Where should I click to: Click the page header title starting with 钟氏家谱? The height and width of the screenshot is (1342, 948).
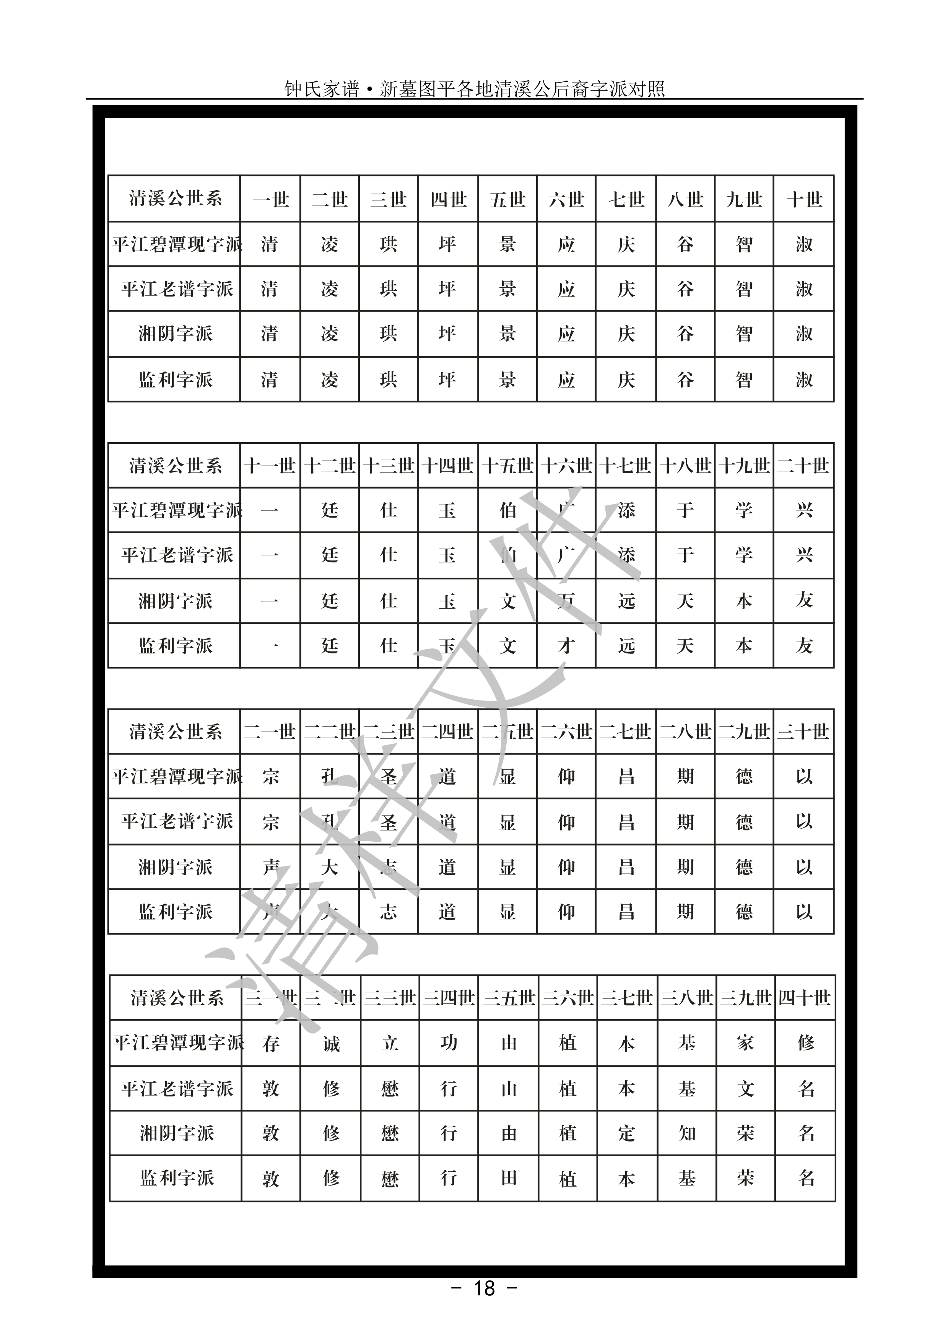(x=474, y=89)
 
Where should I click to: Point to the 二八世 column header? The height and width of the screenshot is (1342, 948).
(x=685, y=732)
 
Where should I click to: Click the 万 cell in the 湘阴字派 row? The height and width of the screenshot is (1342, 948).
(x=566, y=601)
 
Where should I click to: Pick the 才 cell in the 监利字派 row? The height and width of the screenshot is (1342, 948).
(x=566, y=646)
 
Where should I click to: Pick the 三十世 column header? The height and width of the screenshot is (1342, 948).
(x=803, y=732)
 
